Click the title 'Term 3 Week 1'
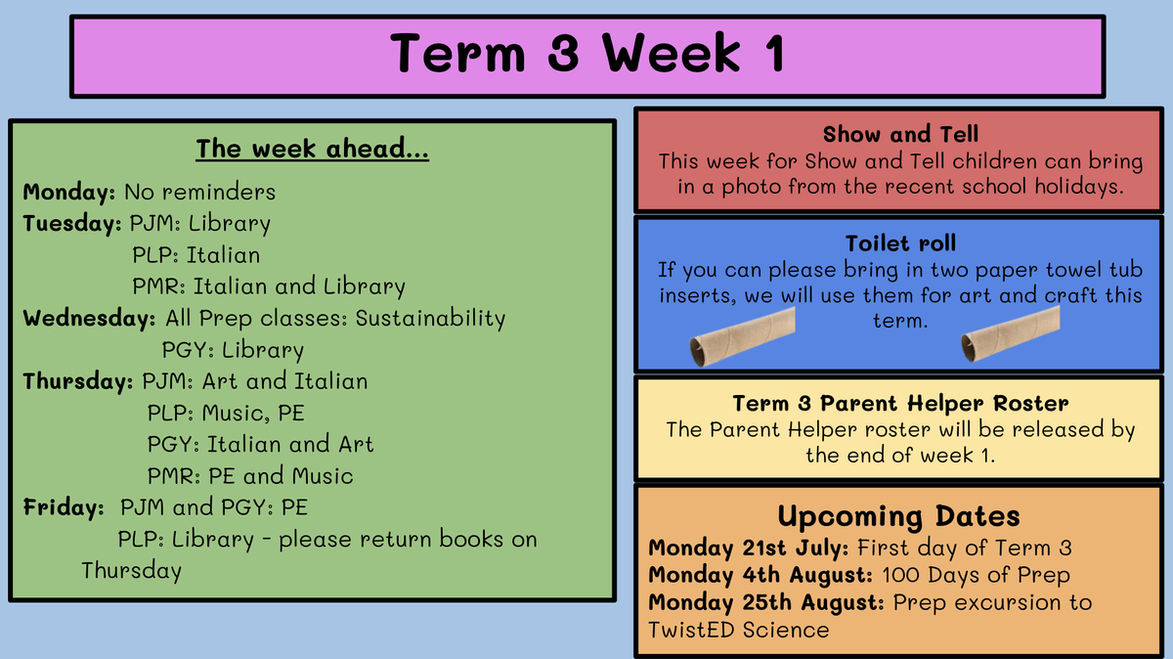tap(587, 53)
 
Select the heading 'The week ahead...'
tap(312, 149)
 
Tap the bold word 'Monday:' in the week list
tap(68, 192)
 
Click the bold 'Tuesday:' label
tap(72, 224)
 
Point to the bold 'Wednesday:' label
tap(89, 318)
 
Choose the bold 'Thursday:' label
tap(78, 381)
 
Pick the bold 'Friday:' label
tap(64, 507)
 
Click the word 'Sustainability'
tap(430, 319)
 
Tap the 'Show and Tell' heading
tap(900, 134)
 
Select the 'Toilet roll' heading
tap(900, 243)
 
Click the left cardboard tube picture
tap(743, 336)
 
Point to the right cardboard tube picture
tap(1011, 333)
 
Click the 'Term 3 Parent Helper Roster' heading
tap(900, 404)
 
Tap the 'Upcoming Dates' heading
tap(898, 516)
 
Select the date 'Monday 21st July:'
tap(749, 548)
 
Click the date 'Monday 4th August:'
tap(760, 575)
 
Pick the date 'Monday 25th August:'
tap(766, 602)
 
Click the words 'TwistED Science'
tap(738, 631)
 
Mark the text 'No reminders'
tap(199, 193)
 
